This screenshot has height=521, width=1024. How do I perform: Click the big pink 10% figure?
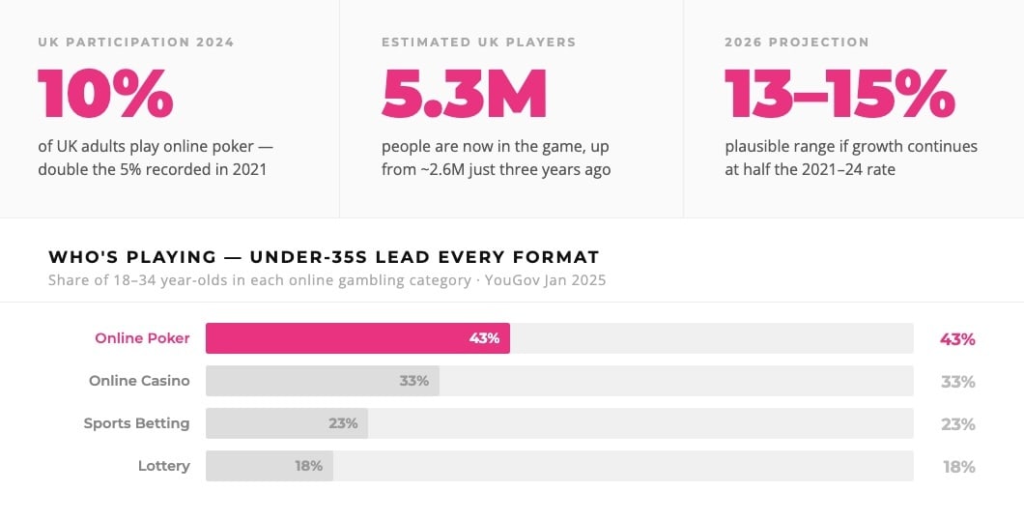point(105,93)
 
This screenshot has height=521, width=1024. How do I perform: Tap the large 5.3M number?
point(464,93)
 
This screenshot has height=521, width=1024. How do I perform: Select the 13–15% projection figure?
point(839,93)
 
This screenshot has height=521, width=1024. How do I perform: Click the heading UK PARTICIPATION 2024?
point(136,43)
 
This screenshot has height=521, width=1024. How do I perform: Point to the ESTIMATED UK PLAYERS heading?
point(478,43)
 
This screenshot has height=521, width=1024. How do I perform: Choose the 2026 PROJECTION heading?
point(797,43)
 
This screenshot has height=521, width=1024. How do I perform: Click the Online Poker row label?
point(142,338)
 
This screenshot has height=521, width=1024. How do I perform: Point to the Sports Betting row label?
point(136,423)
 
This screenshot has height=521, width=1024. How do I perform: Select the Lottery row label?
point(163,466)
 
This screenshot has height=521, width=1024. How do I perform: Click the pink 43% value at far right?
point(957,339)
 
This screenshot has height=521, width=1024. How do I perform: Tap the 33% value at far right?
point(957,382)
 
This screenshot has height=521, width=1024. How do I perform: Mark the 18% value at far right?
point(958,467)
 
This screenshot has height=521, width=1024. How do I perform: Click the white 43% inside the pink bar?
point(484,338)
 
